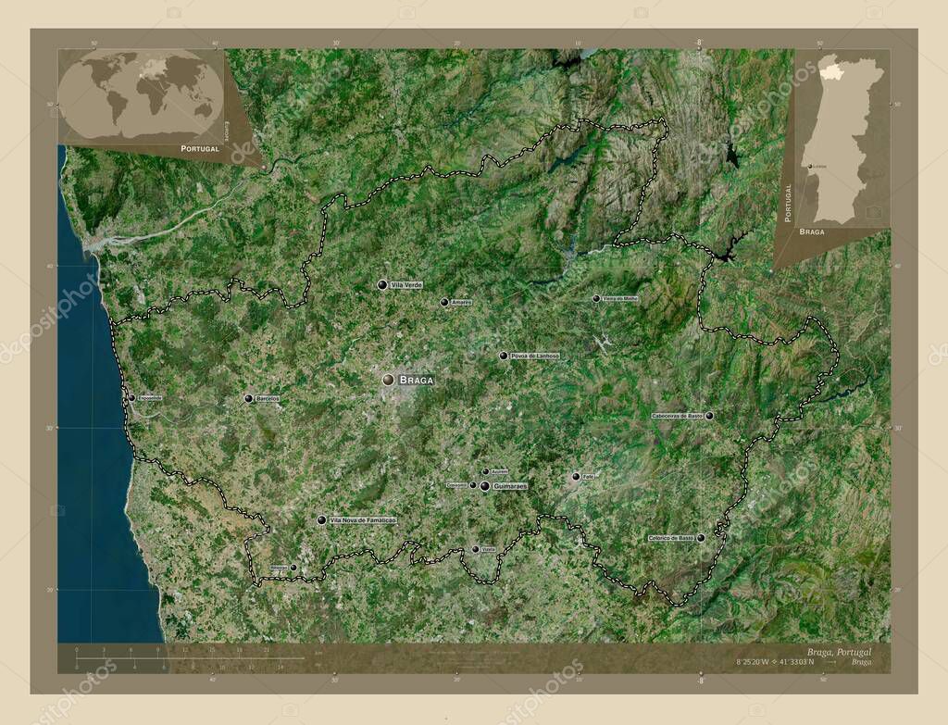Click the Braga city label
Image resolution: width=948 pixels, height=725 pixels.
(x=417, y=380)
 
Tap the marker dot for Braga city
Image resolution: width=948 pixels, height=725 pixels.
(x=389, y=380)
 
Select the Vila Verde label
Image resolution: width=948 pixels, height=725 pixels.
(x=406, y=285)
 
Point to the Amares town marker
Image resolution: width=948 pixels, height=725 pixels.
(x=444, y=302)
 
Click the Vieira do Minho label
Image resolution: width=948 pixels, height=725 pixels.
(x=620, y=299)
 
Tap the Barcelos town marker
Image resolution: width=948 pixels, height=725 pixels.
(x=248, y=398)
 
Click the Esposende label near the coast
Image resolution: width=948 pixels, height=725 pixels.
(x=149, y=398)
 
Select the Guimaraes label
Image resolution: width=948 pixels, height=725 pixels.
(x=510, y=486)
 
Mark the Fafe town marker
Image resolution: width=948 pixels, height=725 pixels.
(x=576, y=477)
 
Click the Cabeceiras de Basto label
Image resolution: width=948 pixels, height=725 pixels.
(x=678, y=416)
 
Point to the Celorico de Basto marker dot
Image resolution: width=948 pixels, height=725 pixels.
(x=701, y=538)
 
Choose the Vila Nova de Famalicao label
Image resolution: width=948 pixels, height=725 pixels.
(x=363, y=521)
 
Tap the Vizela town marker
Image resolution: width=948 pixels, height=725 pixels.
(x=476, y=549)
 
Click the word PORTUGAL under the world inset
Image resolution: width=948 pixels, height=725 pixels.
(x=200, y=148)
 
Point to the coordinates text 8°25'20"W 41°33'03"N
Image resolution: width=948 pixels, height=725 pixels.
(x=775, y=662)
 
